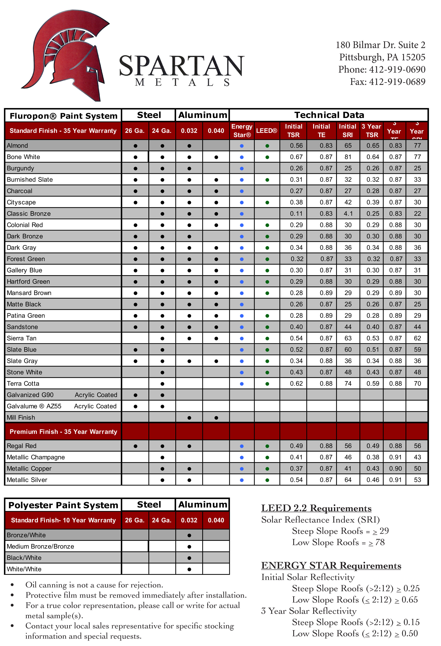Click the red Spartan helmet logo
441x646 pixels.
click(x=67, y=56)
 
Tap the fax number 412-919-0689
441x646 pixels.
click(x=397, y=82)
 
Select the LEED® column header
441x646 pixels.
click(x=267, y=131)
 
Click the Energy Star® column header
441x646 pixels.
click(x=242, y=131)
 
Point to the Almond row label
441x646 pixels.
click(x=17, y=146)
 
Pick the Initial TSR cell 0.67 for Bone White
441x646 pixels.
click(x=296, y=157)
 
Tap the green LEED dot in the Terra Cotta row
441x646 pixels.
click(x=267, y=384)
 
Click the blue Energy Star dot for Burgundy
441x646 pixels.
click(x=242, y=169)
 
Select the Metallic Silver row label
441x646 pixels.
click(x=27, y=480)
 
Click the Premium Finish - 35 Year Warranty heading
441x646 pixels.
click(x=63, y=432)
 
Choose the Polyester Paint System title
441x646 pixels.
click(x=63, y=505)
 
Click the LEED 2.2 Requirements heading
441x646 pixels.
click(x=316, y=508)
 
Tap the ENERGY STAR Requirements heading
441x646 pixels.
click(x=331, y=566)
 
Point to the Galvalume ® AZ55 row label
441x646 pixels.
click(x=34, y=406)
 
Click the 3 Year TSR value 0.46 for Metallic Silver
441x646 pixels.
click(x=373, y=480)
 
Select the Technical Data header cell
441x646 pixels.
click(x=329, y=115)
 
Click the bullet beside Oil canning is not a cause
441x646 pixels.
click(x=12, y=585)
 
